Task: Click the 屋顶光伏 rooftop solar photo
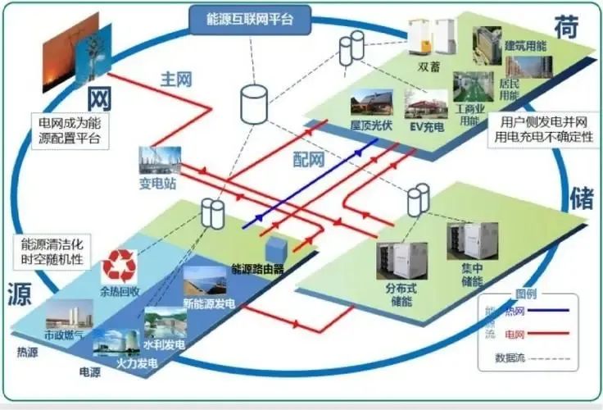(x=371, y=104)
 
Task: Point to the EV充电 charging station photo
(x=427, y=105)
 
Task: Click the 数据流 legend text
(x=510, y=358)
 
